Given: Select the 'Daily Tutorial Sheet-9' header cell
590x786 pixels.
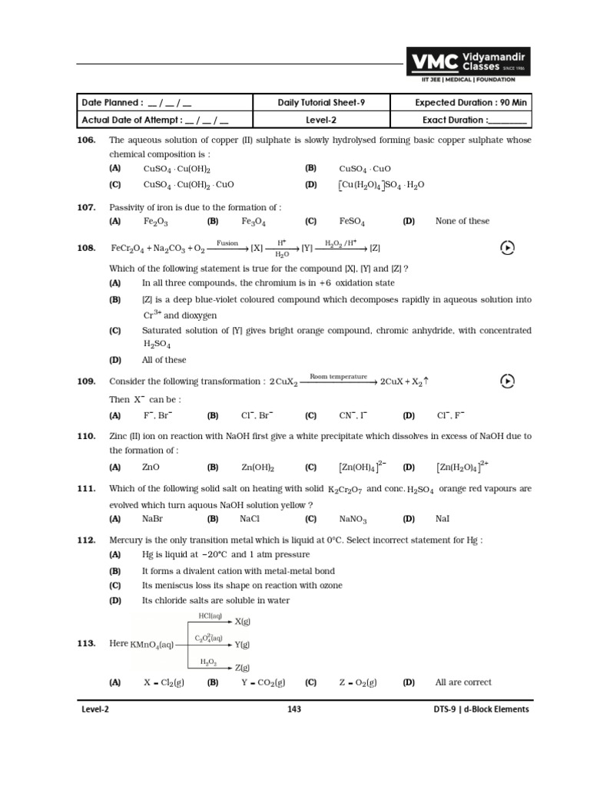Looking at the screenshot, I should (322, 103).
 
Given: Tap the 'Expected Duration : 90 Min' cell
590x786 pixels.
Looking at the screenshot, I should (461, 103).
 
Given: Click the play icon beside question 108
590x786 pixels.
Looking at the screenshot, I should (507, 247).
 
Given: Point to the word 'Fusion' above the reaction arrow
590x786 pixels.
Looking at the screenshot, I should (227, 243).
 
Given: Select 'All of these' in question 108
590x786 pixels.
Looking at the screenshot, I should (164, 360).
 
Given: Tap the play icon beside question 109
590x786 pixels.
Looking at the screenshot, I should (507, 381).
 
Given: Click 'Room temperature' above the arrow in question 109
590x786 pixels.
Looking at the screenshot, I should (338, 377).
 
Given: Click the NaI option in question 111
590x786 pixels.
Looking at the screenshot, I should (442, 519).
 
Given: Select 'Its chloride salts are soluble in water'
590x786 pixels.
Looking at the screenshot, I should (216, 600).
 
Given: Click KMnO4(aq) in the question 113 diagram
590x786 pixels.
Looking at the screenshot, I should (153, 644).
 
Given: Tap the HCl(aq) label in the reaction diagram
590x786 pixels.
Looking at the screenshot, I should (210, 616).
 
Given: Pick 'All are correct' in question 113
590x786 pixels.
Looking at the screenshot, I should (463, 682).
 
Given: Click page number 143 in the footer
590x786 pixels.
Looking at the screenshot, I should (293, 709).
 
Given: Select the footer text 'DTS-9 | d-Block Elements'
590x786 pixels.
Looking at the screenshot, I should (481, 709).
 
